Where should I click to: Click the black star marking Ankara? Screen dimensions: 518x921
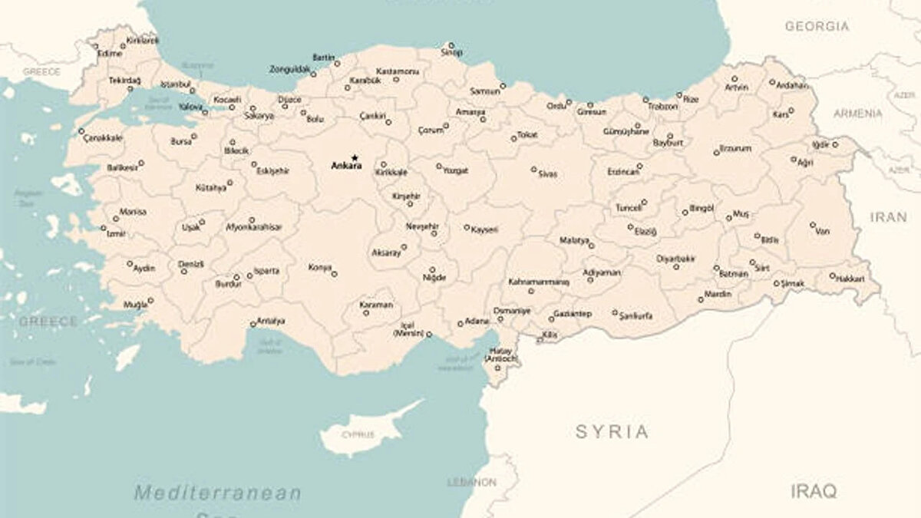(x=355, y=157)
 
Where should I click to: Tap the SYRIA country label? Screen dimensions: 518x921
(x=612, y=431)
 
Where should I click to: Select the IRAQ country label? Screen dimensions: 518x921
(x=814, y=491)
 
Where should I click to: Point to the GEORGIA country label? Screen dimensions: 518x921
(x=817, y=26)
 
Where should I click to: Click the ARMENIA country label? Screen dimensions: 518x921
(x=858, y=113)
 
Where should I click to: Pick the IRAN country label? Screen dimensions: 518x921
(x=888, y=217)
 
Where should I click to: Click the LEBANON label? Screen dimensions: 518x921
(x=471, y=483)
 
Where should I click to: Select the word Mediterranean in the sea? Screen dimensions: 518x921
(x=218, y=492)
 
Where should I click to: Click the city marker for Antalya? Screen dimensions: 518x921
(x=253, y=324)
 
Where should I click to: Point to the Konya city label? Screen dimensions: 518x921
(x=319, y=268)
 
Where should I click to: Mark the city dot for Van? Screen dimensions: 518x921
(x=813, y=225)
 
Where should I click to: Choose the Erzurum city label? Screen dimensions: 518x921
(x=736, y=148)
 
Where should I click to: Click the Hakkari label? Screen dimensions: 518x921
(x=851, y=278)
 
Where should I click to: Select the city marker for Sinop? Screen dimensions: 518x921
(x=451, y=45)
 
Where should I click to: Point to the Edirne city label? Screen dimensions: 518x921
(x=110, y=54)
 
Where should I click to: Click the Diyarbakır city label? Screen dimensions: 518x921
(x=675, y=259)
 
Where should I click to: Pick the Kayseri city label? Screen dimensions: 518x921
(x=484, y=229)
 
